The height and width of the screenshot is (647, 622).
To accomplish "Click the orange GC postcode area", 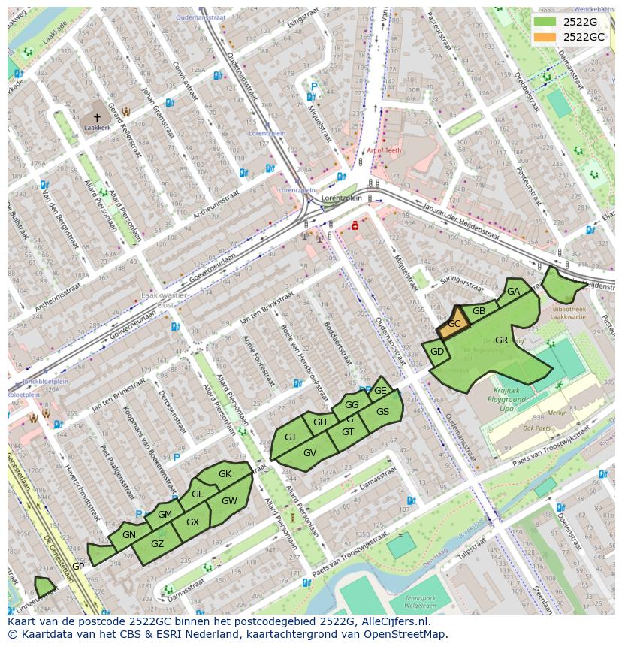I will point(454,325).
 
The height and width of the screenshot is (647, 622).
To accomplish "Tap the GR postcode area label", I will point(501,340).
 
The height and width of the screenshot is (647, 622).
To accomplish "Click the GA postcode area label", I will point(513,292).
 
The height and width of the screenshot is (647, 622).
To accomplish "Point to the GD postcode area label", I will point(437,352).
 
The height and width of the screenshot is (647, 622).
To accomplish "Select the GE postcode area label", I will point(380,390).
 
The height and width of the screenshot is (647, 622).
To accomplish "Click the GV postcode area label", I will point(309,452).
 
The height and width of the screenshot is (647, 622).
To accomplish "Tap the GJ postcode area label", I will point(289,437).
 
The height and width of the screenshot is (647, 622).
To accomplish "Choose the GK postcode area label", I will point(225,474).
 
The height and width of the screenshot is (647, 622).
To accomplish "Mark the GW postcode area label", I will point(229,501).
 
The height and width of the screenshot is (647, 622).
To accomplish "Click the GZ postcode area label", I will point(157,544).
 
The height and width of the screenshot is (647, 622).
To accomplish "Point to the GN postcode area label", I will point(128,534).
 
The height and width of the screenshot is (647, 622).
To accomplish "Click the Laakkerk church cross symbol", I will point(97,118).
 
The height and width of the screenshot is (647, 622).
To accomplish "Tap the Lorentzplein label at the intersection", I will point(341,198).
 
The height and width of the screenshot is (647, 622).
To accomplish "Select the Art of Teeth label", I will point(384,150).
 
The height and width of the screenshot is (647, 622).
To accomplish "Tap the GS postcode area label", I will point(382,411).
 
